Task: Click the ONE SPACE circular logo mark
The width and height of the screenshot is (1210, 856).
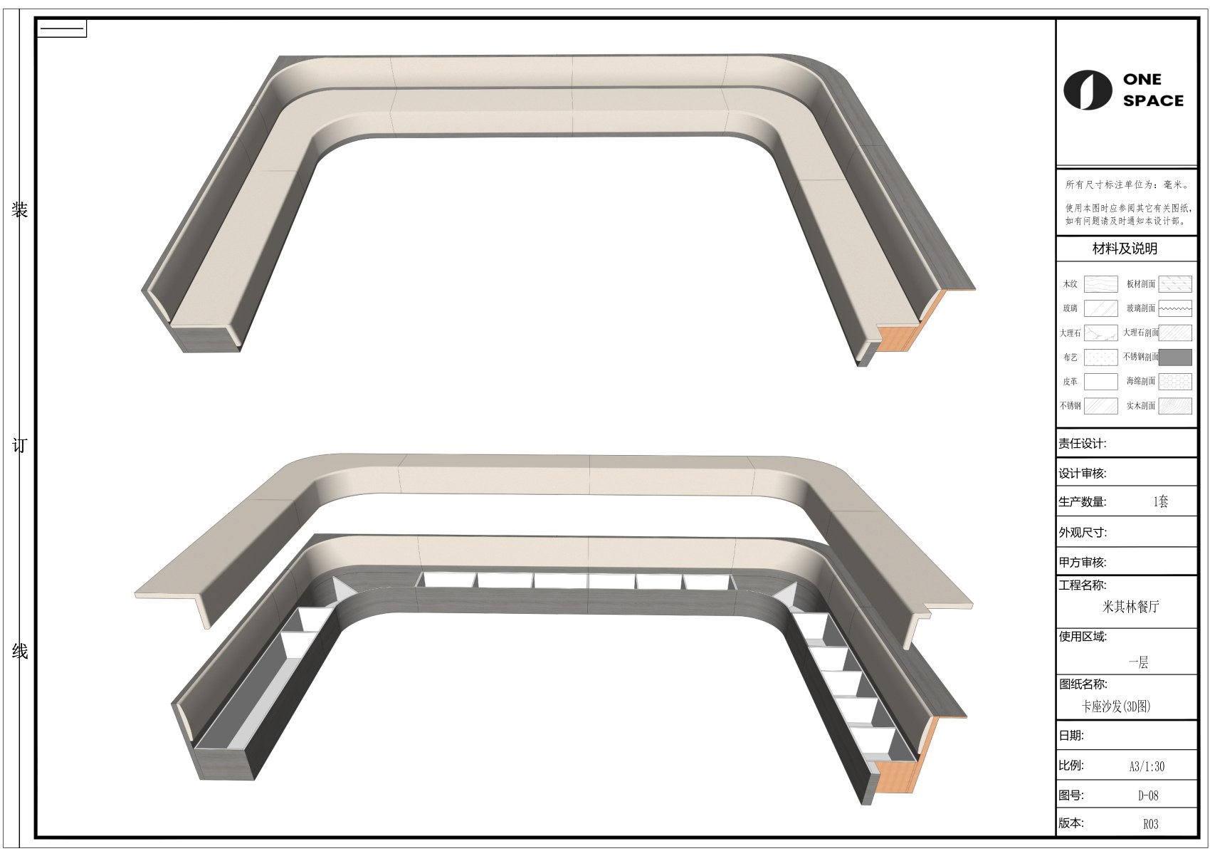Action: point(1088,90)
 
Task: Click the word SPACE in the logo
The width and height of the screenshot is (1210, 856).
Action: point(1153,100)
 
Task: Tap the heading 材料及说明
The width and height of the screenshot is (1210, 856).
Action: point(1125,249)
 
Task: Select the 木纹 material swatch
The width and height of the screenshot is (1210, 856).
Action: point(1101,283)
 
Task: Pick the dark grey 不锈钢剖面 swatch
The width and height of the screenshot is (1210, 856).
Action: point(1175,357)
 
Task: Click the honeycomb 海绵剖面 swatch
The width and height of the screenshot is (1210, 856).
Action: point(1175,382)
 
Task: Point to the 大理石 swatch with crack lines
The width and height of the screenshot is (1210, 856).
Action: point(1101,333)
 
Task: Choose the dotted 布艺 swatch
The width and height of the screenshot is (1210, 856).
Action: point(1101,357)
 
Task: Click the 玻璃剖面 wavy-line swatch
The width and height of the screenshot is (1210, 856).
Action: point(1175,308)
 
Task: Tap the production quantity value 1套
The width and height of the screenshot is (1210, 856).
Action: point(1160,501)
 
